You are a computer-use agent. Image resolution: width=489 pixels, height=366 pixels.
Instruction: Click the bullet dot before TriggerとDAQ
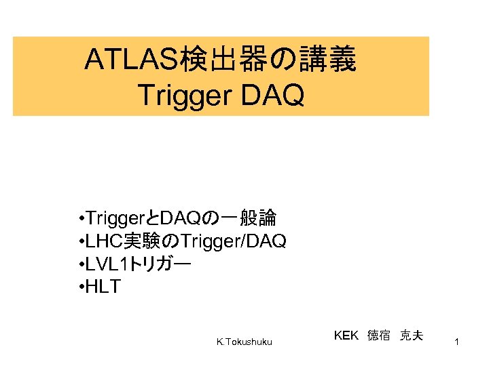click(x=81, y=218)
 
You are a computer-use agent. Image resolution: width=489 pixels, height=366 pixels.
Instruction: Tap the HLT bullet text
click(x=104, y=287)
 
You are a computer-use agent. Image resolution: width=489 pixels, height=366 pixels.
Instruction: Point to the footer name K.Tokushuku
click(x=244, y=342)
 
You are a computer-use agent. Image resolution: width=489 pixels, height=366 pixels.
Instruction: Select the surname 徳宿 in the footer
click(x=379, y=335)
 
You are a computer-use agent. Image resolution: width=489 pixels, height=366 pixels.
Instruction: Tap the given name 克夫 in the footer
click(x=412, y=335)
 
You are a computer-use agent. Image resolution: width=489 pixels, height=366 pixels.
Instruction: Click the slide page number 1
click(x=458, y=344)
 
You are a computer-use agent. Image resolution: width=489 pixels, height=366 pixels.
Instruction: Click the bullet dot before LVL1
click(x=81, y=264)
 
